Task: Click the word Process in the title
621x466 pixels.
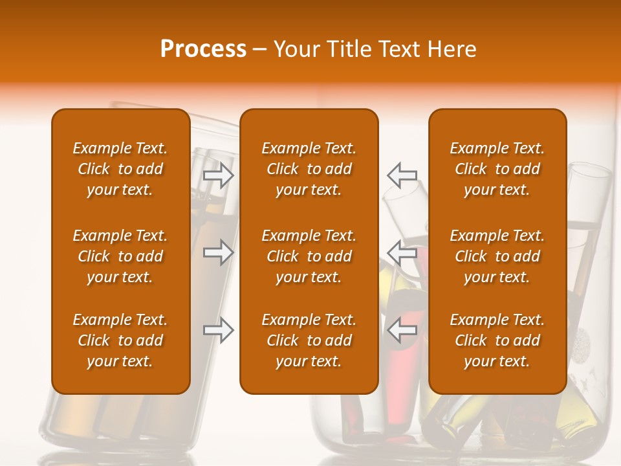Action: click(x=203, y=49)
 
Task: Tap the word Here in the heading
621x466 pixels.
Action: click(x=451, y=49)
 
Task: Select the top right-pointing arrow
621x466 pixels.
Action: click(x=219, y=175)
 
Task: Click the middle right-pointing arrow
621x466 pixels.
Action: click(x=219, y=252)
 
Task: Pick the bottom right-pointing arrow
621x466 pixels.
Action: click(x=219, y=330)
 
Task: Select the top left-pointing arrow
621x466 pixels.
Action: click(x=402, y=175)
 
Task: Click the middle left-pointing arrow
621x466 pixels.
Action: click(x=402, y=252)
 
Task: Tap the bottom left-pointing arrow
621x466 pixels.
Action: click(x=402, y=330)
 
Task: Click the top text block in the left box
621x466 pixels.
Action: click(x=120, y=169)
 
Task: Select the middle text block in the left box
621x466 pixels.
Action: click(x=120, y=256)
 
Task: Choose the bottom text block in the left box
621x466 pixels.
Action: click(x=120, y=340)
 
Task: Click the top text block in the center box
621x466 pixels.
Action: click(x=309, y=169)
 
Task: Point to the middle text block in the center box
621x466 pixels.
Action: click(x=309, y=256)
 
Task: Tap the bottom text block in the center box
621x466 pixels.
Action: click(x=309, y=340)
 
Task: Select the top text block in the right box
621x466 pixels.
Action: click(x=497, y=169)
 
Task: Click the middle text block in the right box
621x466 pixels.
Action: click(x=497, y=256)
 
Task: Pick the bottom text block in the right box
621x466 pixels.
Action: click(x=497, y=340)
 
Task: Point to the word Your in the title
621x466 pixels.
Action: click(x=297, y=49)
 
